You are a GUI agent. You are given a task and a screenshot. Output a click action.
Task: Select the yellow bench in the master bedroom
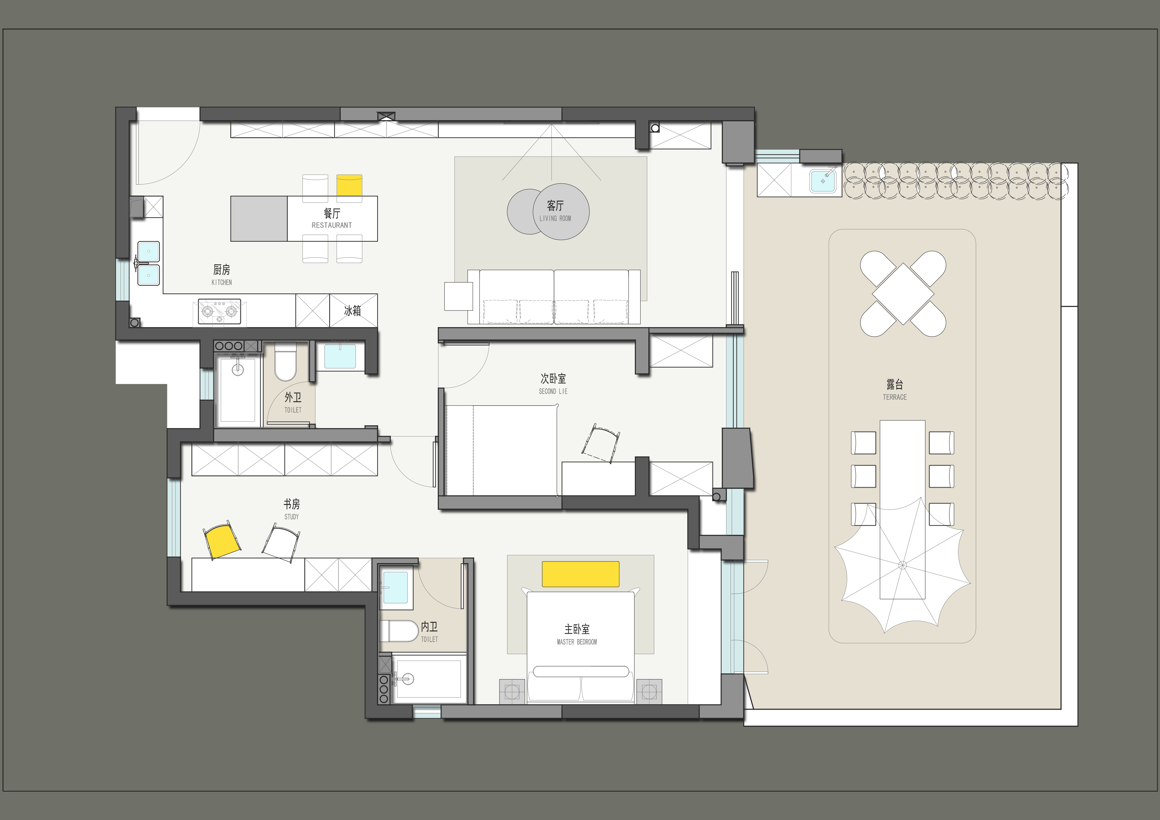coord(581,574)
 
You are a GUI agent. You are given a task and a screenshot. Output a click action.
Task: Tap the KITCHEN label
coord(222,282)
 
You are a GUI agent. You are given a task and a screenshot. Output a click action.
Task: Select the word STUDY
coord(291,517)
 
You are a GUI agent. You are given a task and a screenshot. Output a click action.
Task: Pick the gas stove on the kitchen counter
coord(219,312)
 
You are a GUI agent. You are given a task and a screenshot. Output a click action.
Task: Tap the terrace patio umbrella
coord(902,565)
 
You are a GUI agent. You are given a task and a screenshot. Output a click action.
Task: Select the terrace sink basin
coord(823,181)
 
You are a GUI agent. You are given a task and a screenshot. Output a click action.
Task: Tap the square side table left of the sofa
coord(458,296)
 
